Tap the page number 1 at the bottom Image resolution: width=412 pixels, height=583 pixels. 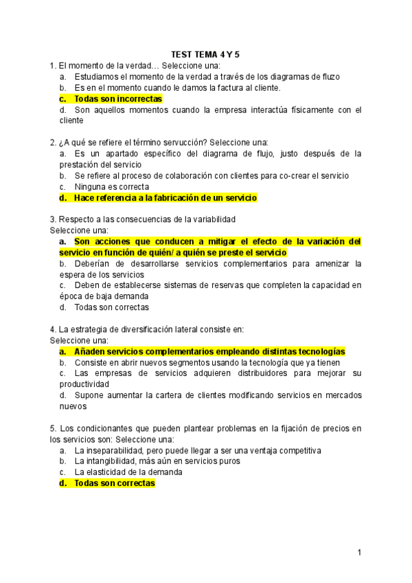click(x=358, y=551)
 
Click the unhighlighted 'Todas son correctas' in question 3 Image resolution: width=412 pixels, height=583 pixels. click(x=111, y=307)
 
